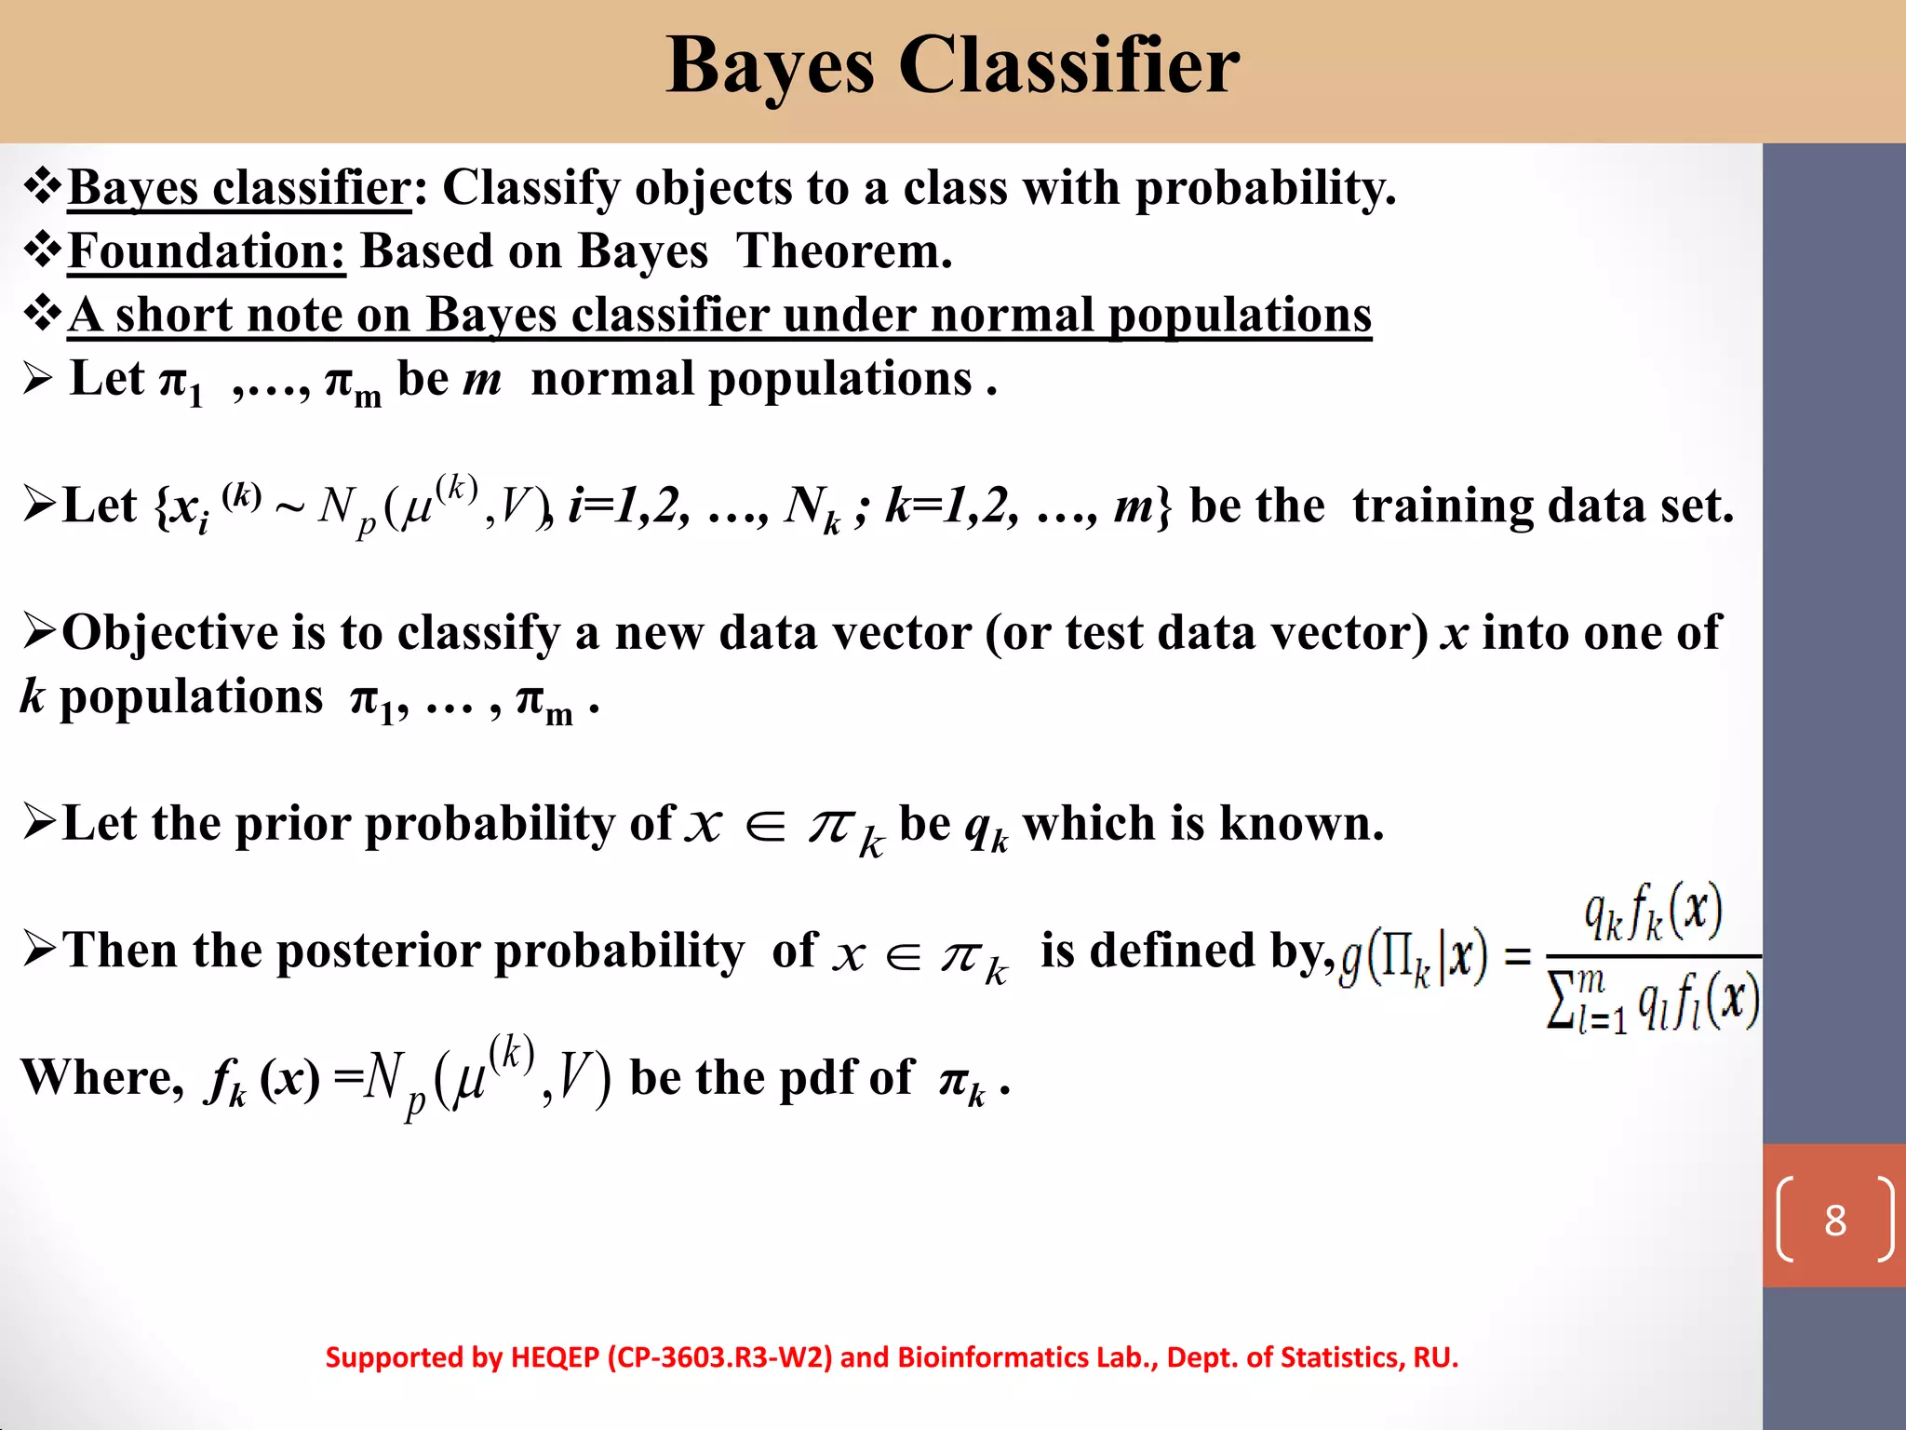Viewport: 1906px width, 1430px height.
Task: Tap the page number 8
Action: (x=1834, y=1221)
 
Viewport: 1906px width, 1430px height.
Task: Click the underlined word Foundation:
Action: (x=207, y=251)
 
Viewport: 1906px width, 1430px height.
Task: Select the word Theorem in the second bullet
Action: (x=843, y=251)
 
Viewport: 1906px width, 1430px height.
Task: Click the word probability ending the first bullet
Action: (x=1265, y=188)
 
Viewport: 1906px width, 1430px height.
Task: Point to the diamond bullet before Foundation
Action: (x=43, y=250)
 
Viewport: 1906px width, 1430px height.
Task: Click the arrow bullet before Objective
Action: (x=41, y=631)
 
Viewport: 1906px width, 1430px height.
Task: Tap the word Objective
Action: (x=170, y=633)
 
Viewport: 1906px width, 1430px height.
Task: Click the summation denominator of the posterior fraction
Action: (x=1653, y=1001)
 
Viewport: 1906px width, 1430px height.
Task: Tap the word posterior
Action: (x=384, y=951)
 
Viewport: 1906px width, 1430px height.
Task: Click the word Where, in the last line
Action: (x=102, y=1078)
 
